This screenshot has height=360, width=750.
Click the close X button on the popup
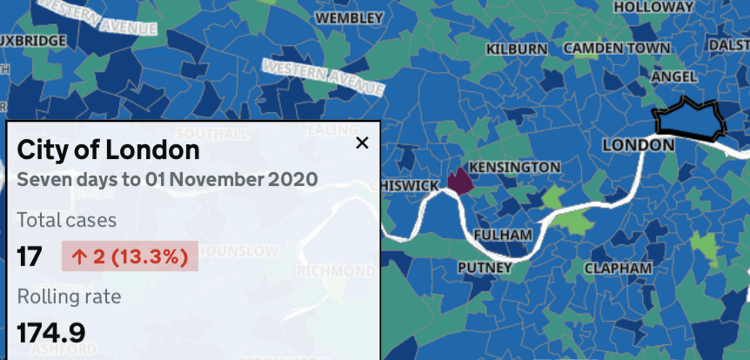pyautogui.click(x=362, y=143)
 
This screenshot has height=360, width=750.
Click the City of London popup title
pyautogui.click(x=108, y=150)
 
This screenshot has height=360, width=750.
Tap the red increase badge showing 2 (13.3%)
pyautogui.click(x=130, y=257)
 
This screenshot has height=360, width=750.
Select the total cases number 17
pyautogui.click(x=30, y=257)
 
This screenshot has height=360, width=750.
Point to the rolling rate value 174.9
pyautogui.click(x=51, y=332)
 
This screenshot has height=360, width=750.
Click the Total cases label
pyautogui.click(x=66, y=220)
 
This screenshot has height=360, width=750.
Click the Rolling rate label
pyautogui.click(x=69, y=297)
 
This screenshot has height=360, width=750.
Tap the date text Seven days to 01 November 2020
pyautogui.click(x=167, y=180)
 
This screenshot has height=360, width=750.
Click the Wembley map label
pyautogui.click(x=349, y=17)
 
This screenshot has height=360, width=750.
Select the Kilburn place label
pyautogui.click(x=517, y=50)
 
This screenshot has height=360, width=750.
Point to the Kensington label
pyautogui.click(x=515, y=167)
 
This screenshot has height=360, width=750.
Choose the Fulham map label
pyautogui.click(x=503, y=235)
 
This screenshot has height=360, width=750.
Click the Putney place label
pyautogui.click(x=485, y=268)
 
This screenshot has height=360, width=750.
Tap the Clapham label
pyautogui.click(x=618, y=268)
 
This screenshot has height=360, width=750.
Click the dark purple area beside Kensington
pyautogui.click(x=459, y=181)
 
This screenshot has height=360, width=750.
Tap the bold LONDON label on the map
pyautogui.click(x=639, y=144)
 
